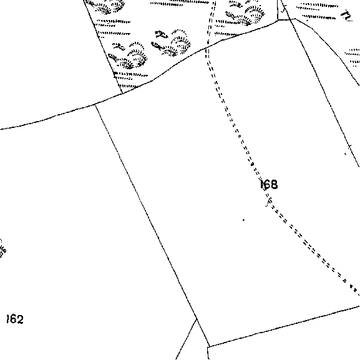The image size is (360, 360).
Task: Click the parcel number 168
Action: coord(268,184)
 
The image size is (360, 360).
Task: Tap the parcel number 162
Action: coord(15,319)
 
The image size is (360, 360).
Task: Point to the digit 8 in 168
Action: coord(274,184)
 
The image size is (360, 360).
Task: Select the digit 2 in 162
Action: coord(20,319)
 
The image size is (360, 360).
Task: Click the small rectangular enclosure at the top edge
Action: coord(284,10)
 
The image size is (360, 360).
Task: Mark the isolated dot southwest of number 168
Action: coord(243,220)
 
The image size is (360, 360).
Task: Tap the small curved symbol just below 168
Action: coord(269,202)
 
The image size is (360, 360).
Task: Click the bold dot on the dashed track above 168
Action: coord(252,164)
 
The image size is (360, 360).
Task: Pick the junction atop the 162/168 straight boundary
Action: coord(95,105)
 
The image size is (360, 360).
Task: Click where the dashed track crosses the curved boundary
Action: coord(207,47)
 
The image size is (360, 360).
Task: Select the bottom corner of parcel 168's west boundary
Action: coord(210,346)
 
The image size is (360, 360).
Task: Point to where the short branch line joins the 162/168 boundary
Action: coord(197,319)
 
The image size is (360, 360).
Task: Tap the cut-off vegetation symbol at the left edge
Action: coord(2,248)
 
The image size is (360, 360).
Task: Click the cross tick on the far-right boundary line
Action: coord(349,147)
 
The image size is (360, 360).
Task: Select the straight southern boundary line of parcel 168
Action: coord(285,326)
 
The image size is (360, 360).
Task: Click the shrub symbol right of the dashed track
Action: coord(246,14)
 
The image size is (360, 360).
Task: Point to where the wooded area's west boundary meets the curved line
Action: coord(122,93)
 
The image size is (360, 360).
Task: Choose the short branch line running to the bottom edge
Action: coord(186,339)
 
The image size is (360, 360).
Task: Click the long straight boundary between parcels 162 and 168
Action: coord(152,225)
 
